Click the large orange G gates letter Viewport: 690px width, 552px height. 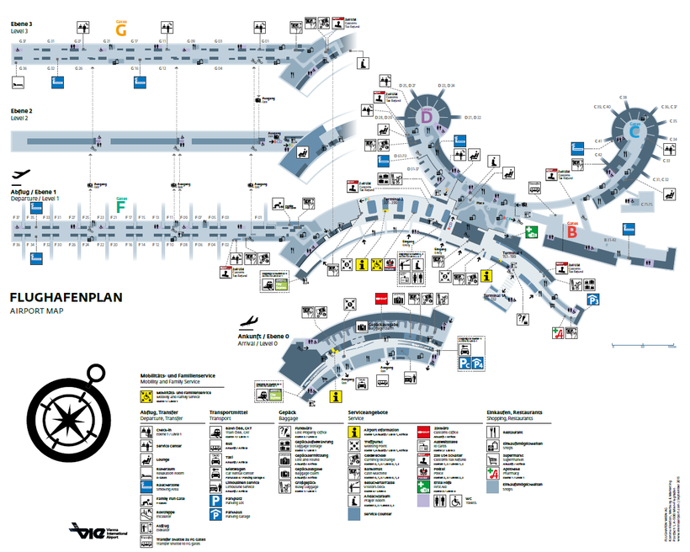(121, 29)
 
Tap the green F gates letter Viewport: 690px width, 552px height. (121, 205)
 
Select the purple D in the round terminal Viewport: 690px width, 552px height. (427, 119)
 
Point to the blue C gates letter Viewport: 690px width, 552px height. (635, 130)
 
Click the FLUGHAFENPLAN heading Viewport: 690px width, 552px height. (66, 297)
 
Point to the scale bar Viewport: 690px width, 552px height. (643, 344)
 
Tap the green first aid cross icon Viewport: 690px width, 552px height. (532, 233)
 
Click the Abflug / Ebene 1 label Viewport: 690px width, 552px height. (33, 192)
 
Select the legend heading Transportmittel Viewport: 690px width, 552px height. (228, 412)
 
